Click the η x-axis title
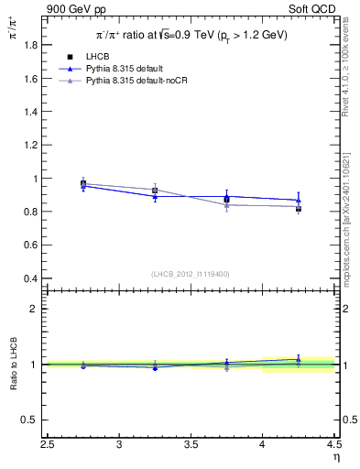335,457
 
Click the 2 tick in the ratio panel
37,309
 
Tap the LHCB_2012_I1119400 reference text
191,274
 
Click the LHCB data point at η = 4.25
298,209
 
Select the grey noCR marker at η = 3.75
226,205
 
